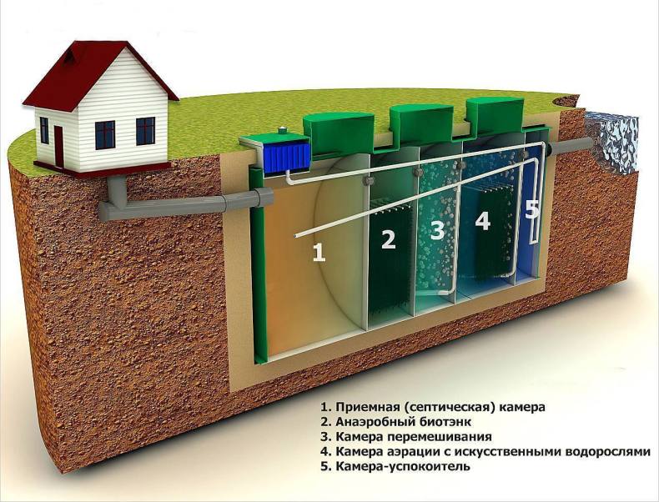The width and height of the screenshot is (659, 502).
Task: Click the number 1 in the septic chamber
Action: click(x=318, y=253)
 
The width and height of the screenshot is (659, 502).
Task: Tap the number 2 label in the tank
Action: click(x=388, y=240)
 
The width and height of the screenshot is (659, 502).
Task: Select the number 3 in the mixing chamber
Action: click(x=437, y=230)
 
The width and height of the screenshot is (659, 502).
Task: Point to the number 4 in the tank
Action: click(x=482, y=221)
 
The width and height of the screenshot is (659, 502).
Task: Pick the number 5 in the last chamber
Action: click(x=532, y=208)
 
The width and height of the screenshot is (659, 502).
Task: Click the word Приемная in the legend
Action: click(x=367, y=407)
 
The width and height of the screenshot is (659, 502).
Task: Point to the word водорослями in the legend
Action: click(x=604, y=452)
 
